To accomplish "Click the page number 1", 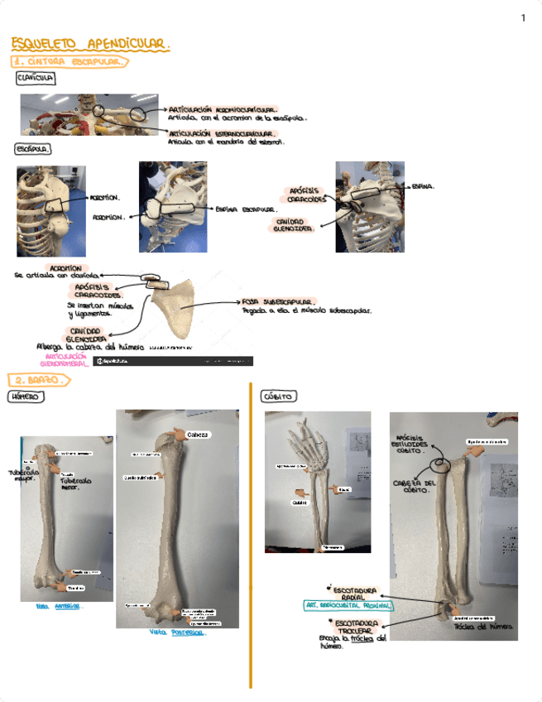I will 523,18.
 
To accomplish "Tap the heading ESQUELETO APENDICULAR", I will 90,43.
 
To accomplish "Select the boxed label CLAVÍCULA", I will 36,78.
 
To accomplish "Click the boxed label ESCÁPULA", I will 33,150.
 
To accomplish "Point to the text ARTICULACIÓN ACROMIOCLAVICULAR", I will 222,108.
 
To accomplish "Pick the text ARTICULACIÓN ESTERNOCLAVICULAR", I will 221,132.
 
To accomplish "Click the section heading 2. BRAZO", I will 38,380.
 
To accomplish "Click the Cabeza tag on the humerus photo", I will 199,435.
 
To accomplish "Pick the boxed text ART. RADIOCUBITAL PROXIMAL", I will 348,606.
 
